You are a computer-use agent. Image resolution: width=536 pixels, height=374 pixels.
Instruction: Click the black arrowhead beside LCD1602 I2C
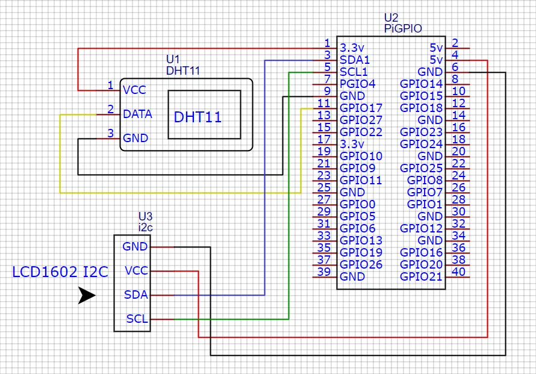87,296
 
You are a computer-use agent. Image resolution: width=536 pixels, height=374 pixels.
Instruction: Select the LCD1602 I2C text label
60,272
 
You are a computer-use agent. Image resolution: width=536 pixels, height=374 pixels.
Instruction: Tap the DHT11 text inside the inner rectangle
198,117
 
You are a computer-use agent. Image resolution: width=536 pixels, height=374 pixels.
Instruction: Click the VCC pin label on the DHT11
134,90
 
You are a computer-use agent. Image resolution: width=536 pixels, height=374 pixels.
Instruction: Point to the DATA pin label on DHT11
137,114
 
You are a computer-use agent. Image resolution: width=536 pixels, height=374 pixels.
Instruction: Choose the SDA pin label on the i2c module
136,295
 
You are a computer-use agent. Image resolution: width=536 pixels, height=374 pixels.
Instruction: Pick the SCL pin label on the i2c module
137,319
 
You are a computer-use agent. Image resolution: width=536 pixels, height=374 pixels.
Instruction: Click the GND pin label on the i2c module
135,247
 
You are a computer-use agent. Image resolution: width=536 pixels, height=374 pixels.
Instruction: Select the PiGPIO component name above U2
403,28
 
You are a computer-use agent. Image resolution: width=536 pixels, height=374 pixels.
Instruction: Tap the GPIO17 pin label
361,108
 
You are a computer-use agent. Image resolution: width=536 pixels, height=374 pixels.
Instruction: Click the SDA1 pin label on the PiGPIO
355,60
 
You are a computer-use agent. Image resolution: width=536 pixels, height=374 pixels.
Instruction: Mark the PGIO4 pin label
357,84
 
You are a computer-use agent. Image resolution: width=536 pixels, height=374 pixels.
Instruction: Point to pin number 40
458,272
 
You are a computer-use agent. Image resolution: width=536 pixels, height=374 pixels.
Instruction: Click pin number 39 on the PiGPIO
323,272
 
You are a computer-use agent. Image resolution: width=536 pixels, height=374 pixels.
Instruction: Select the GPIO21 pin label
421,276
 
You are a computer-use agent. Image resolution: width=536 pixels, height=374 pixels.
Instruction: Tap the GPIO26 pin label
361,264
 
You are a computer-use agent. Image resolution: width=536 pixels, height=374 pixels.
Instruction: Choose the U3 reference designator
145,216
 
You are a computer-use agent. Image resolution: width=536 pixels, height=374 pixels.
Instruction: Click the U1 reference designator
173,59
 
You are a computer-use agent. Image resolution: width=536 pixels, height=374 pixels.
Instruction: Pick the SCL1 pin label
354,72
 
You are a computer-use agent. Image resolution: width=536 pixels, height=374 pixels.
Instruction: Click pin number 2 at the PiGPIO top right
455,43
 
